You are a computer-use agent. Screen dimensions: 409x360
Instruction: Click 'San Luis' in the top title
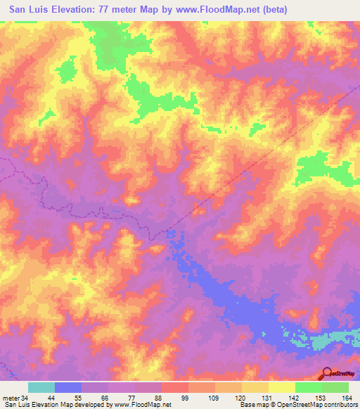pos(30,10)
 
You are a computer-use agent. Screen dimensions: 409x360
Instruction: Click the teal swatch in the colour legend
pos(41,387)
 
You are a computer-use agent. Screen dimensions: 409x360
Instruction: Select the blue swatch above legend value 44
pos(68,387)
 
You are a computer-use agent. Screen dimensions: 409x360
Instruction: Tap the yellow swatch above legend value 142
pos(281,387)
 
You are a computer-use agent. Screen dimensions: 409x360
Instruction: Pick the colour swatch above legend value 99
pos(174,387)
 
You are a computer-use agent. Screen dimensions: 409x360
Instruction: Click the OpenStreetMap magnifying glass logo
pos(328,373)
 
